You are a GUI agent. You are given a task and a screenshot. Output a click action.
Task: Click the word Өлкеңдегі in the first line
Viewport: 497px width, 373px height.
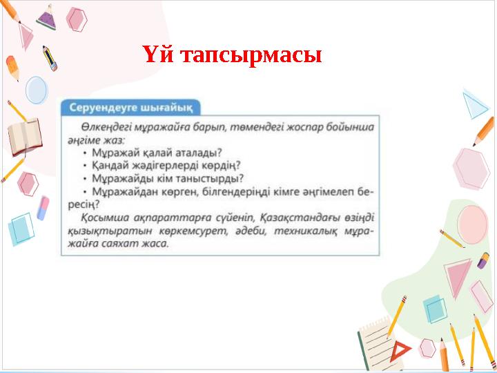(105, 127)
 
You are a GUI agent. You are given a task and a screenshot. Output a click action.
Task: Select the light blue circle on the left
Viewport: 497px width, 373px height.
(36, 90)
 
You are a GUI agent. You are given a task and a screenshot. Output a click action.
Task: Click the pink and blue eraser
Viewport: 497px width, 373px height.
(43, 208)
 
